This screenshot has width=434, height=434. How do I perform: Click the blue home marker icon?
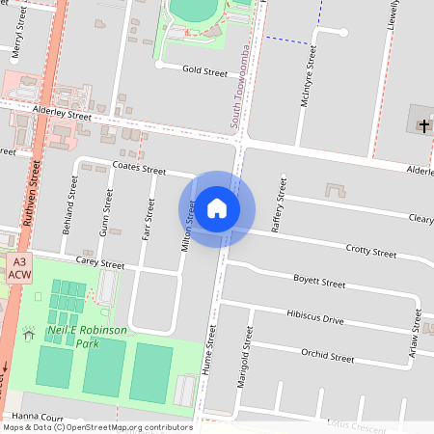217,208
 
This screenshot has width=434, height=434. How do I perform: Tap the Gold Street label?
205,71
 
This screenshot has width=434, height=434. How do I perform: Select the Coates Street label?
139,168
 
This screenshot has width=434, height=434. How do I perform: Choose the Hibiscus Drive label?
314,316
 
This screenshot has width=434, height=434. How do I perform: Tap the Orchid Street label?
328,355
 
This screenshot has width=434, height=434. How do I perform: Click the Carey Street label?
100,263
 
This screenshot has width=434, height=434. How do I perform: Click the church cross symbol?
422,125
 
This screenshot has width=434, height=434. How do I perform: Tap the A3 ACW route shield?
19,268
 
